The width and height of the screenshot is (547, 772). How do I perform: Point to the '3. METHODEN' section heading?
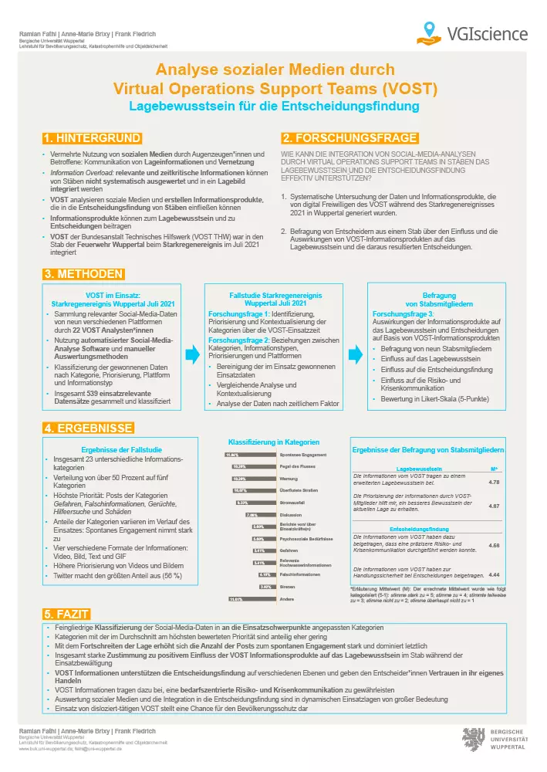point(83,274)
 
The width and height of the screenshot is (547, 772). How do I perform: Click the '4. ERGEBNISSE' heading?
point(88,428)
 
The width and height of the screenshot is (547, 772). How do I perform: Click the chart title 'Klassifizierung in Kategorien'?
point(273,442)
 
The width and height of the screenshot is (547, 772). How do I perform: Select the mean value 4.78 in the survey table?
point(494,482)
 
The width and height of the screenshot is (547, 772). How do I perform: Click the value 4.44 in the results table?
point(494,575)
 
